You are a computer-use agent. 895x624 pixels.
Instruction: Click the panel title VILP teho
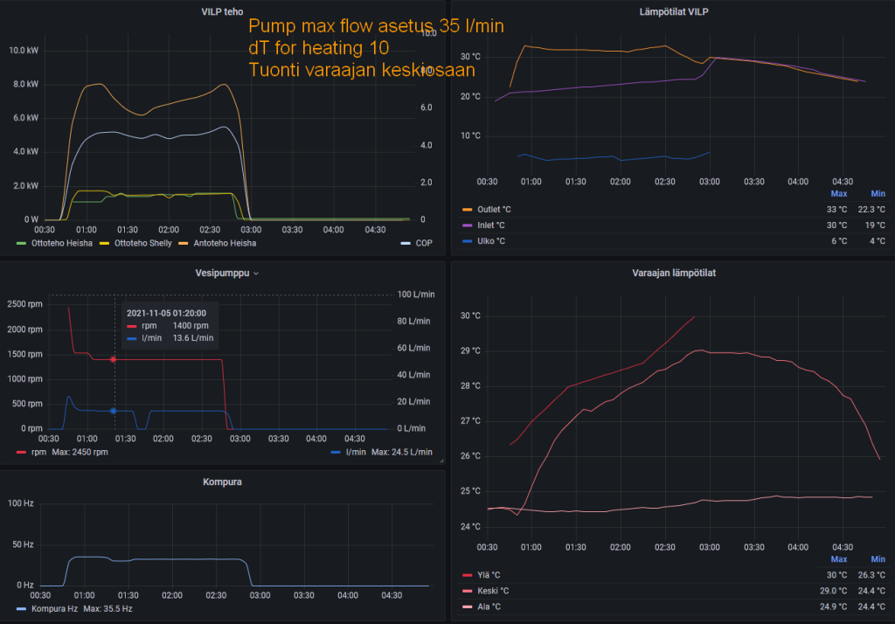(222, 12)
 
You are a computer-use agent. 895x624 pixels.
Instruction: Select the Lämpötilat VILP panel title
(673, 12)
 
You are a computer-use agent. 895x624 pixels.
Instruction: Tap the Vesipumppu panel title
(222, 273)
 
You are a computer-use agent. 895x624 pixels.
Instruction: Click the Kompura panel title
(222, 482)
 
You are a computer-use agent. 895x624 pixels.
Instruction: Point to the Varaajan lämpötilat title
(673, 273)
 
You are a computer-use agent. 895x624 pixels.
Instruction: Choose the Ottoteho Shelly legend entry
(140, 243)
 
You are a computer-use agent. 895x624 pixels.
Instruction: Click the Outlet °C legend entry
(494, 210)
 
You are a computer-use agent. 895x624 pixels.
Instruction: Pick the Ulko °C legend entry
(490, 241)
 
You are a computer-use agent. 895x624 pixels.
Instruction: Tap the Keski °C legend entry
(492, 591)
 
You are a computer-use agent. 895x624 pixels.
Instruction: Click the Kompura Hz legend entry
(54, 608)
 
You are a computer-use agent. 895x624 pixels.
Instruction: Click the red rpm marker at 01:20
(114, 359)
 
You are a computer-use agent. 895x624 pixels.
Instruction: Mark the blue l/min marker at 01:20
(114, 411)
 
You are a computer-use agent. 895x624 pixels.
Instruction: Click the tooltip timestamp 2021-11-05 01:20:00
(171, 312)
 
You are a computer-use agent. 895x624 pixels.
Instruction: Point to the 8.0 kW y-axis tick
(24, 85)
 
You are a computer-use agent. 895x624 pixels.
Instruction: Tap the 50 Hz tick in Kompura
(22, 544)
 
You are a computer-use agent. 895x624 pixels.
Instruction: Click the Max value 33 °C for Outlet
(837, 210)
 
